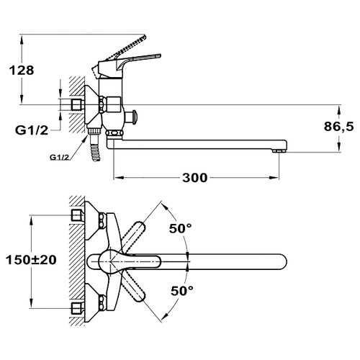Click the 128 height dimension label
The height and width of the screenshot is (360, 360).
[22, 71]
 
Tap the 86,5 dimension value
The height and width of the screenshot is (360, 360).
[338, 127]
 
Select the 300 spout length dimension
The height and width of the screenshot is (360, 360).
[194, 178]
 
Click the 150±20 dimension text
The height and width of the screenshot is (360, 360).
[31, 260]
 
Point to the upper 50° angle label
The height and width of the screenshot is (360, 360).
[181, 228]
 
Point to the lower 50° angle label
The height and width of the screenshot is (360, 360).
[182, 291]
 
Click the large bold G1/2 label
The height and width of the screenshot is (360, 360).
[32, 130]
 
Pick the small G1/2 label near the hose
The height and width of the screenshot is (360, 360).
[59, 158]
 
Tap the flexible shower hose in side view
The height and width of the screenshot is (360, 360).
[96, 149]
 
